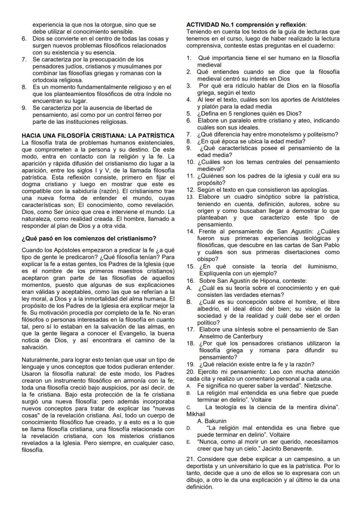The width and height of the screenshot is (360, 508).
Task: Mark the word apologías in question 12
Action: (x=312, y=189)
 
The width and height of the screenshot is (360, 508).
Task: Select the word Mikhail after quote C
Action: (x=195, y=414)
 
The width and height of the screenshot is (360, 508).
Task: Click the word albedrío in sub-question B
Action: (x=210, y=307)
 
